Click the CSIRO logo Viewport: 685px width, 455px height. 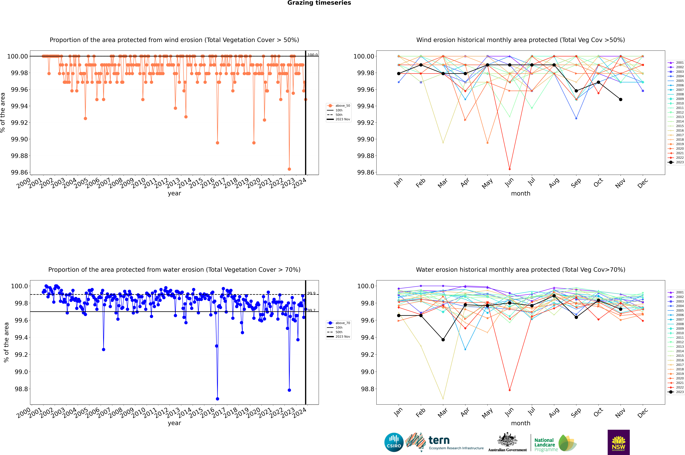click(394, 443)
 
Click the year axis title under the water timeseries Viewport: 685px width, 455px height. click(174, 423)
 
